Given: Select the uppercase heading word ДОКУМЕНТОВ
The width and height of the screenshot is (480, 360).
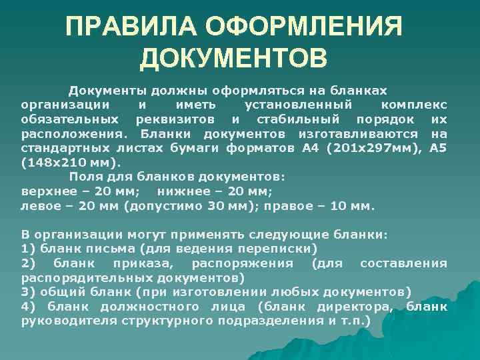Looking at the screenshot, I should (x=233, y=57).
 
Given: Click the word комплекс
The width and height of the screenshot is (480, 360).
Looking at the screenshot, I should (x=414, y=105).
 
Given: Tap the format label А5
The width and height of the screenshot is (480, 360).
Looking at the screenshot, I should (x=438, y=148).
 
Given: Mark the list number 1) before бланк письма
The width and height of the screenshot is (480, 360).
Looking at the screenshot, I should (x=29, y=249).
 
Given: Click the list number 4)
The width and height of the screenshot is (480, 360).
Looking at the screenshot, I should (x=29, y=307).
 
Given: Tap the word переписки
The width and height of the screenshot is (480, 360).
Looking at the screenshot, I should (x=275, y=249).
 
